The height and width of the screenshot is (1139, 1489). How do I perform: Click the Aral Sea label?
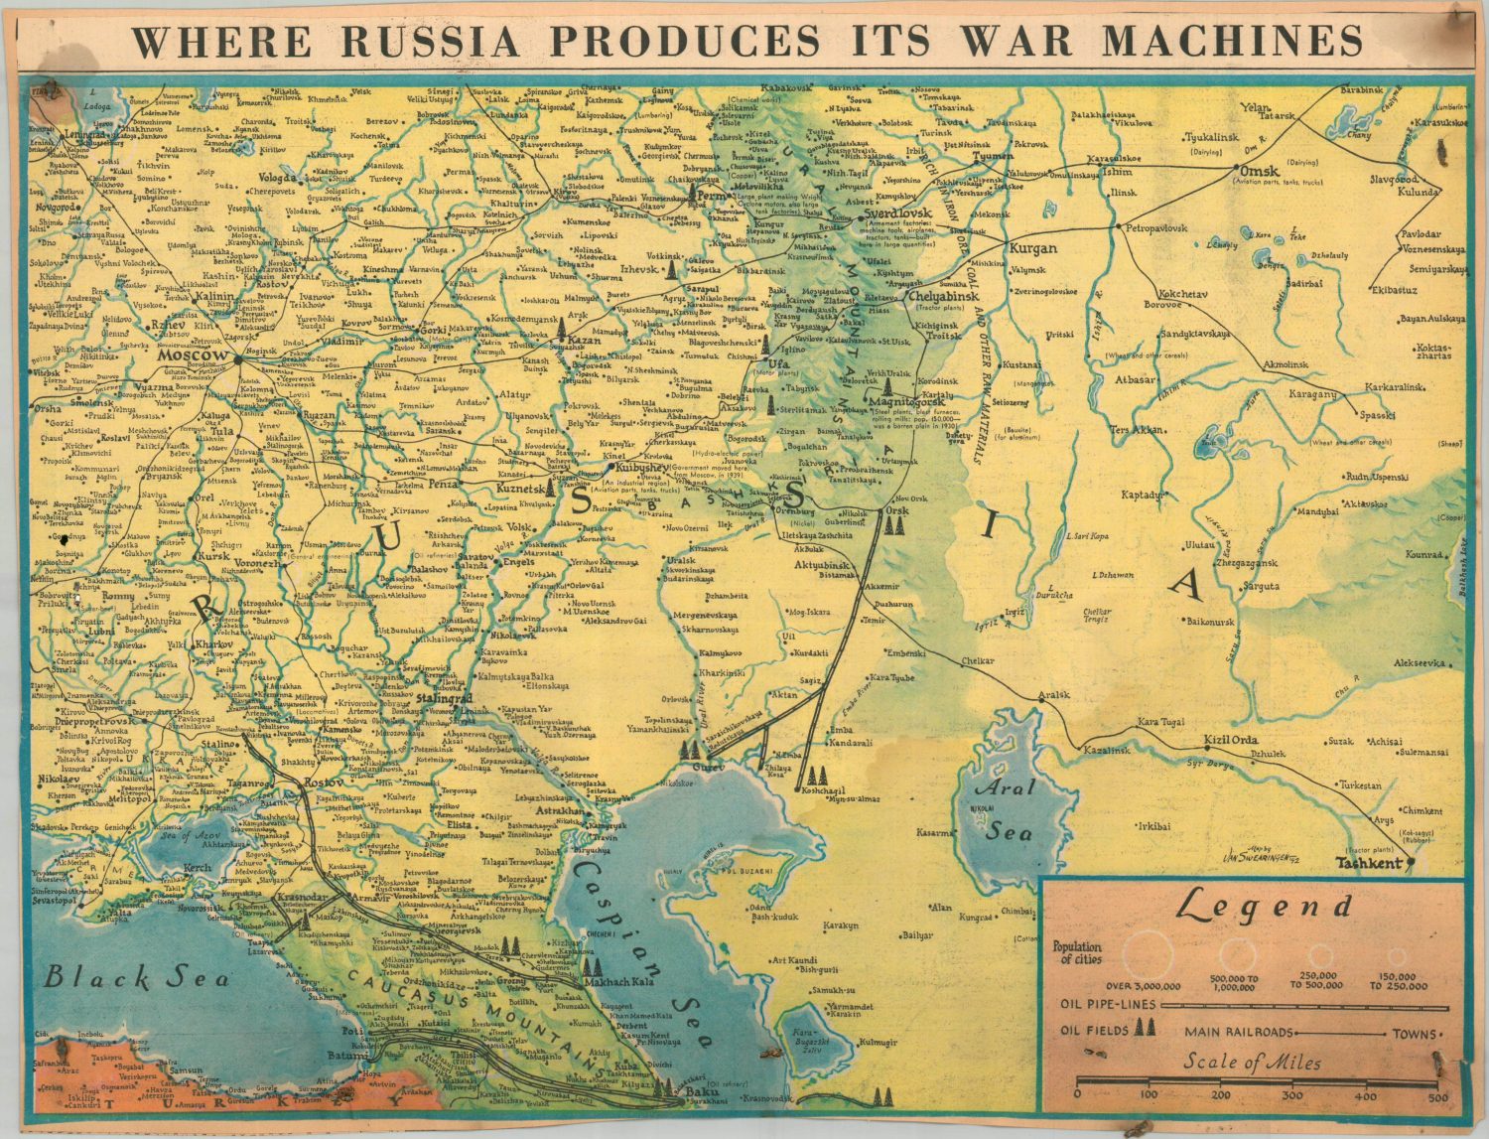(1011, 810)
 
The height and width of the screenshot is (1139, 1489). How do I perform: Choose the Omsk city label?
(1260, 170)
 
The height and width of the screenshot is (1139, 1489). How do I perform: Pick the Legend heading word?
(1265, 906)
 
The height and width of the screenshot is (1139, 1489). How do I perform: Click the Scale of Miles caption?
(1251, 1064)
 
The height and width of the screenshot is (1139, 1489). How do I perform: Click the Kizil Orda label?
(1230, 741)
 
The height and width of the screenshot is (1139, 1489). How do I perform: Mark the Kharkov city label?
(214, 644)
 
